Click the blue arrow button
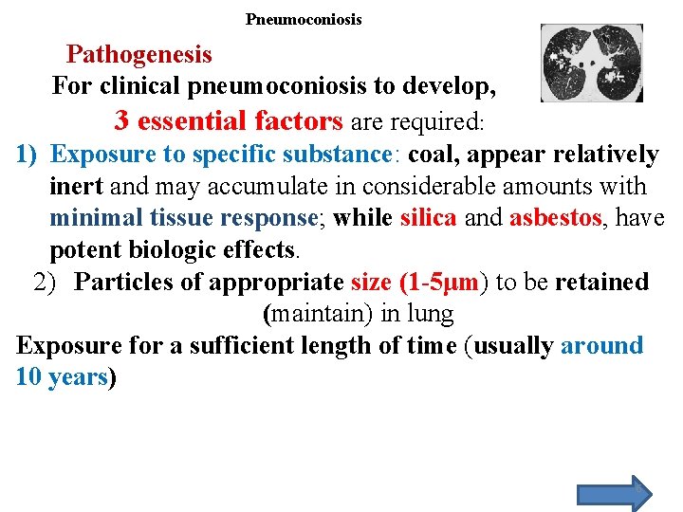(615, 493)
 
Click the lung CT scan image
(591, 63)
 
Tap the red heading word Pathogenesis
(139, 54)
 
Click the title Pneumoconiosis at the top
(304, 19)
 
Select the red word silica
(429, 218)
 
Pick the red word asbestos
(556, 218)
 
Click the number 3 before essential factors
(121, 121)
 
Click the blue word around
(601, 345)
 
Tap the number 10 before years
(29, 377)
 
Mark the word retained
(601, 282)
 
